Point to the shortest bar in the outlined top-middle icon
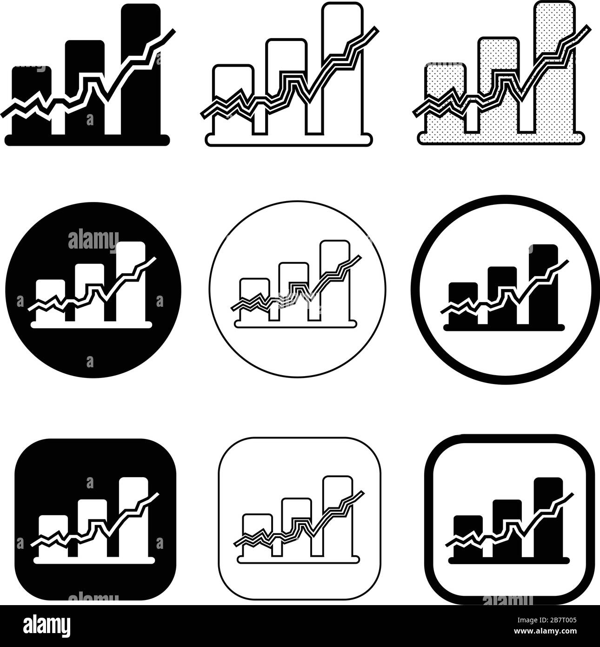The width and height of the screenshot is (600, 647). pyautogui.click(x=233, y=84)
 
